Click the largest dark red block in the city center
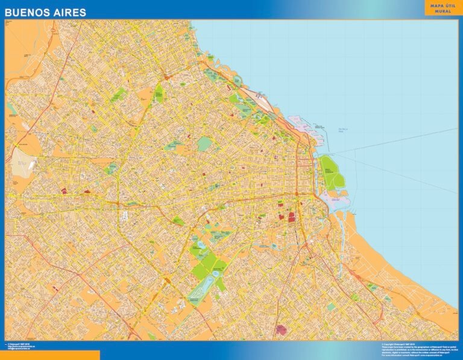292,216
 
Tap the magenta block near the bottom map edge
280,330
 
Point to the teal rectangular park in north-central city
204,144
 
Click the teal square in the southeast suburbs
330,306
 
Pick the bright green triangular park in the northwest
159,92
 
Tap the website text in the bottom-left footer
24,348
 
